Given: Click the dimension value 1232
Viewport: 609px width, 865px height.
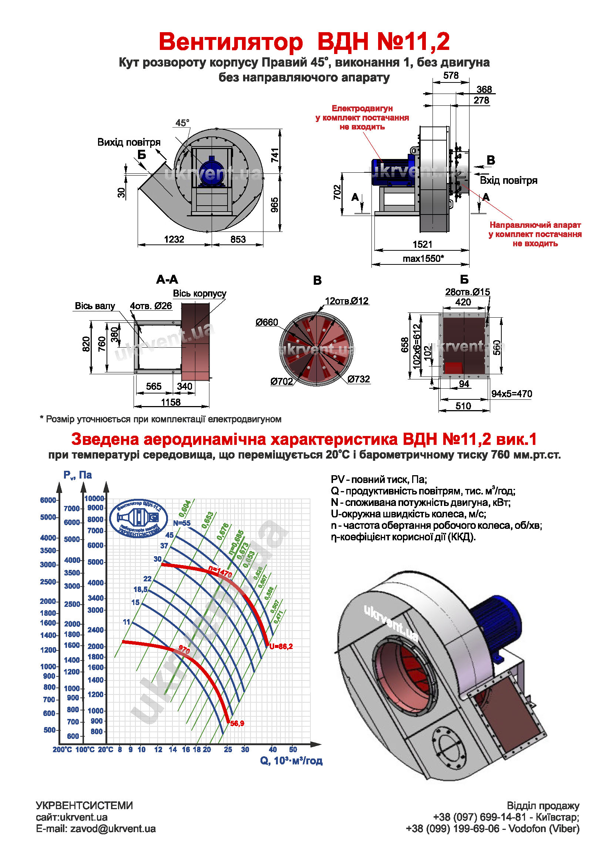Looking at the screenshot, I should pyautogui.click(x=174, y=239).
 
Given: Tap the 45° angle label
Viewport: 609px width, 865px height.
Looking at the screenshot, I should pyautogui.click(x=182, y=123).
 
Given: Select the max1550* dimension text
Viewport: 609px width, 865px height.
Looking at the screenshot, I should pyautogui.click(x=423, y=259).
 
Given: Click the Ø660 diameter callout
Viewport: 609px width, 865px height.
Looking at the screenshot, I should pyautogui.click(x=266, y=322).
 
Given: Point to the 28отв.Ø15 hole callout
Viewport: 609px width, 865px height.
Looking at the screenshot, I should pyautogui.click(x=467, y=291).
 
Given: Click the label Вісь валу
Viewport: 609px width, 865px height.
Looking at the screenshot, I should pyautogui.click(x=95, y=306).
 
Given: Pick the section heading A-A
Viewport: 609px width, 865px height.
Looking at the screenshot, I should pyautogui.click(x=167, y=280).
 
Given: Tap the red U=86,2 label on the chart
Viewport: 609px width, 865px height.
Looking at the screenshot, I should pyautogui.click(x=281, y=646).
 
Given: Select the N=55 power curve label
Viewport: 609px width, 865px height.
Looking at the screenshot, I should pyautogui.click(x=182, y=523).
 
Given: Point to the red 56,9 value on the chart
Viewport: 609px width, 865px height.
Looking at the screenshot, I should pyautogui.click(x=237, y=723).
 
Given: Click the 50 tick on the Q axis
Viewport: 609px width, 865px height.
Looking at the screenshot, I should pyautogui.click(x=293, y=749).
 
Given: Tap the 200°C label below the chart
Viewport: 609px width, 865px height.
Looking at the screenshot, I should pyautogui.click(x=62, y=750).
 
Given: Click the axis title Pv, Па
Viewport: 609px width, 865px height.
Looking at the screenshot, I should pyautogui.click(x=78, y=475).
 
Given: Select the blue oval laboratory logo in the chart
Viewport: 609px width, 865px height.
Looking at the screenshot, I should pyautogui.click(x=139, y=518).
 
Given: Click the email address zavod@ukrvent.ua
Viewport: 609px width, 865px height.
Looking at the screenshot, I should pyautogui.click(x=113, y=829).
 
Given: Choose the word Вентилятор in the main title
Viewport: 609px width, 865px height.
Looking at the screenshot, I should pyautogui.click(x=231, y=41).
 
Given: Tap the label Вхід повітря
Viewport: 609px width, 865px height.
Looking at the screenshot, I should pyautogui.click(x=508, y=180).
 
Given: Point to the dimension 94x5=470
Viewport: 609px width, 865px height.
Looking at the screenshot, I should pyautogui.click(x=511, y=394).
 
